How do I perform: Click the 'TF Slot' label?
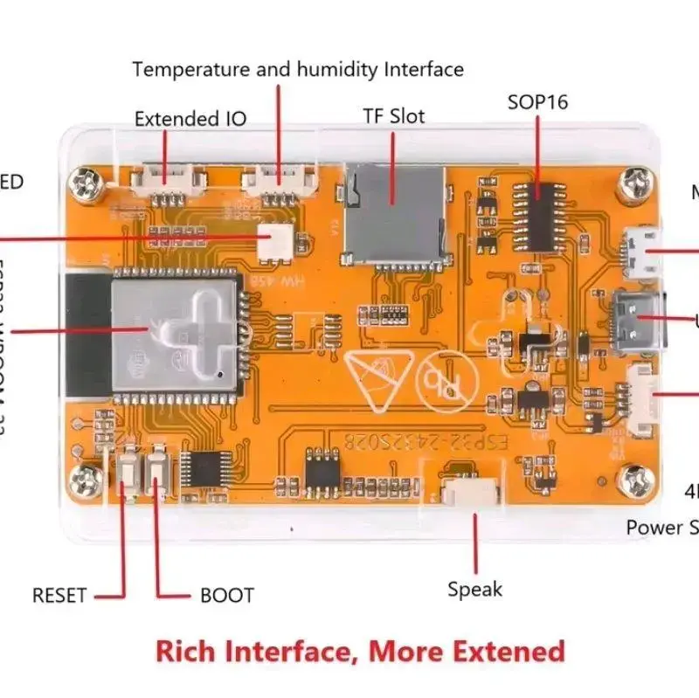coord(394,116)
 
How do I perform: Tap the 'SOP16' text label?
coord(537,102)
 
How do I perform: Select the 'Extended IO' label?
coord(190,119)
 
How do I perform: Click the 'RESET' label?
coord(59,596)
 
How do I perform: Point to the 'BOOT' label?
coord(227,596)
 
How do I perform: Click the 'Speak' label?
coord(475,590)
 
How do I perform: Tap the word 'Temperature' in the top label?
coord(191,68)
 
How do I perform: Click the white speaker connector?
coord(473,494)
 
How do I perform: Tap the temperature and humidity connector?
coord(279,180)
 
